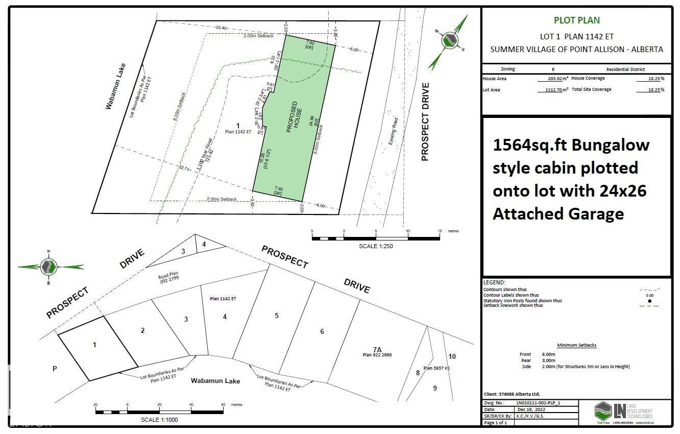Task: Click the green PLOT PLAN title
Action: coord(577,20)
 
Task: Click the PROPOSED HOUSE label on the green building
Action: coord(295,117)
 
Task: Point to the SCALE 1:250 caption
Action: coord(376,246)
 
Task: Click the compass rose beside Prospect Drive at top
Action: coord(449,40)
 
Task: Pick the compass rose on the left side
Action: coord(50,266)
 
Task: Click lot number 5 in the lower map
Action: coord(277,316)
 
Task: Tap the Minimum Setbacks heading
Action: coord(576,345)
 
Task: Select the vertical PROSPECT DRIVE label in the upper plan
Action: coord(425,122)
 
